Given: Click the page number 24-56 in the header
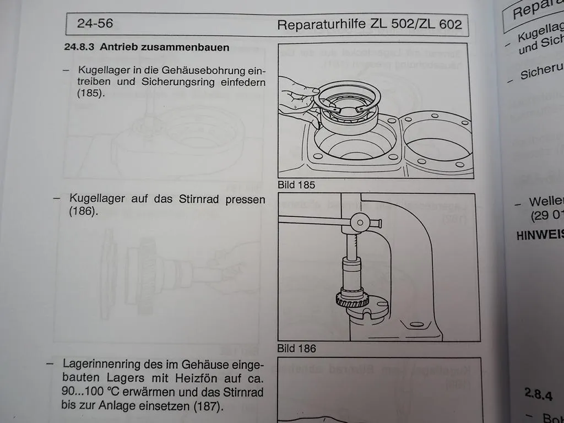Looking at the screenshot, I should coord(95,24).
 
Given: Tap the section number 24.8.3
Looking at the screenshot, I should coord(80,47).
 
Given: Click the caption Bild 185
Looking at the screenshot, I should coord(296,185).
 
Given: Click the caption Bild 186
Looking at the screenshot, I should coord(296,348).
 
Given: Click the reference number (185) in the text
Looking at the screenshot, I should coord(90,94).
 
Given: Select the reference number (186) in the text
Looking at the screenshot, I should coord(84,211).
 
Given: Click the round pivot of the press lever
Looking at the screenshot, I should coord(360,223).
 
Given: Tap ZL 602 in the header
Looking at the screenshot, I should coord(441,25).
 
